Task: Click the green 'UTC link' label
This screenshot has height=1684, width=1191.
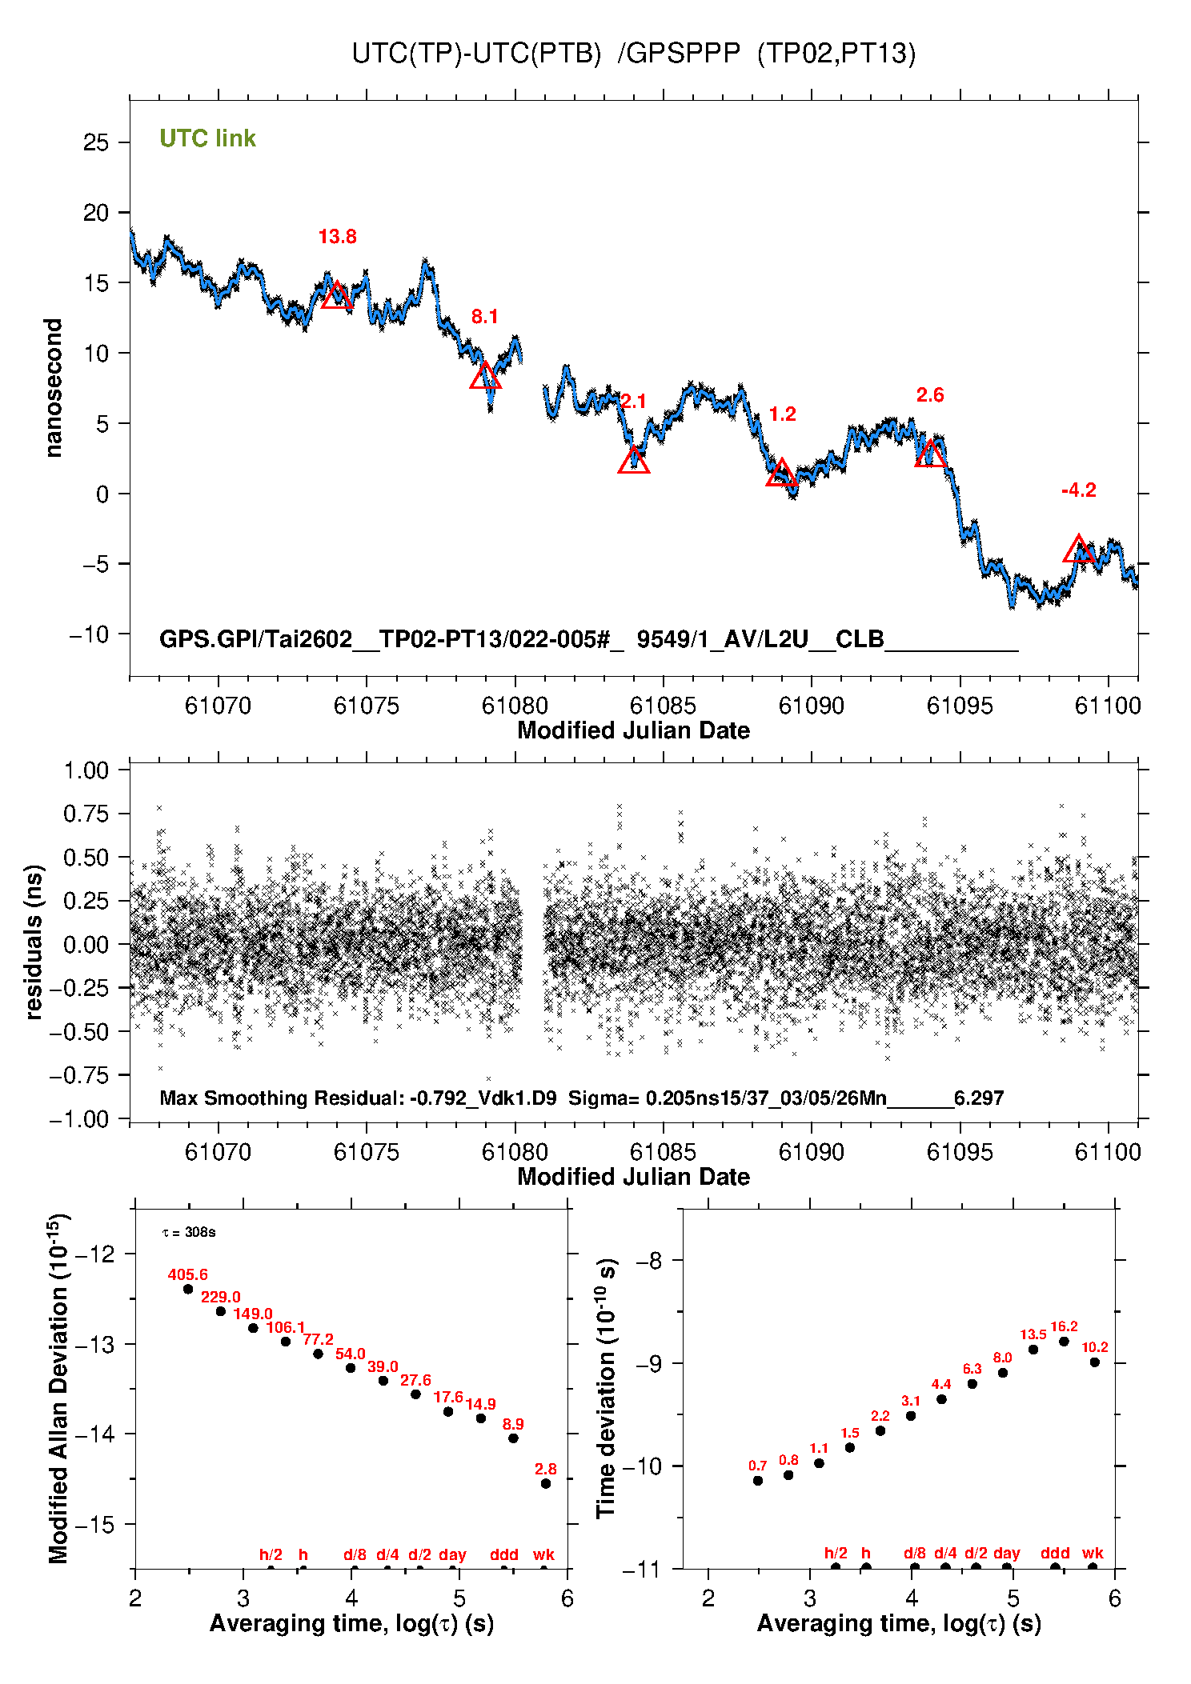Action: tap(207, 138)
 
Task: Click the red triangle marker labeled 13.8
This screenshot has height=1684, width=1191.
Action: tap(337, 295)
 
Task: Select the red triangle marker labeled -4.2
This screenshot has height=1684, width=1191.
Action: tap(1078, 550)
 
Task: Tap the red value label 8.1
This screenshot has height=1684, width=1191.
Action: tap(484, 317)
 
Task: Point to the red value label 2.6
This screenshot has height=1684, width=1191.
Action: tap(929, 395)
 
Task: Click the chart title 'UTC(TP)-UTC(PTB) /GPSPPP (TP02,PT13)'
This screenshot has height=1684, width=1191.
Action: tap(633, 54)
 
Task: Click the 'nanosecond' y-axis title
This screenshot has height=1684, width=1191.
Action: tap(54, 388)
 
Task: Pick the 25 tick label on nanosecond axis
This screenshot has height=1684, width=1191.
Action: tap(96, 143)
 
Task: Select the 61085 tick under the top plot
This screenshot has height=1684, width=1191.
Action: tap(663, 706)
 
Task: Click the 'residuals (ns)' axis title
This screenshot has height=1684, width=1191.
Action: tap(34, 942)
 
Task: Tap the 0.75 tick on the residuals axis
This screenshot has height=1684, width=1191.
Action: tap(86, 814)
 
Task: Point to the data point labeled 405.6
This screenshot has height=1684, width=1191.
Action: tap(188, 1289)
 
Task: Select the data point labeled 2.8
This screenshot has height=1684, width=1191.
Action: tap(546, 1483)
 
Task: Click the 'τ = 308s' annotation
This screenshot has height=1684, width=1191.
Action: tap(189, 1232)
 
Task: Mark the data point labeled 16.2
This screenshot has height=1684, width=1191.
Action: tap(1064, 1342)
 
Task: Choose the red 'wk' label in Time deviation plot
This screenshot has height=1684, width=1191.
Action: tap(1093, 1553)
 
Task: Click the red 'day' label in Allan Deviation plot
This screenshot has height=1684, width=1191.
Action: tap(452, 1554)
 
